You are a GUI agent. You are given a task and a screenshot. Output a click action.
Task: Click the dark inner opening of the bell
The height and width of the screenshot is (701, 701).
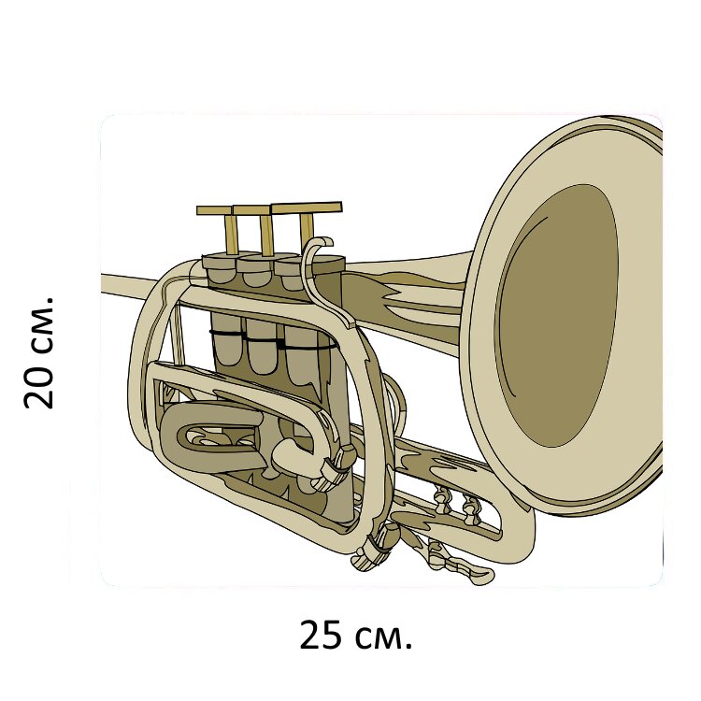pyautogui.click(x=557, y=316)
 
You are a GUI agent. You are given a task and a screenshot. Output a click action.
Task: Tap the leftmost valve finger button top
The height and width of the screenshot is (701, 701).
pyautogui.click(x=215, y=210)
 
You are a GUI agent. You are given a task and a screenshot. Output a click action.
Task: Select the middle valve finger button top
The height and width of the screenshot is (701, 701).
pyautogui.click(x=252, y=209)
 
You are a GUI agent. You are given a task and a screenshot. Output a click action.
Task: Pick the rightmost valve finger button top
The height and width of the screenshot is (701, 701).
pyautogui.click(x=307, y=207)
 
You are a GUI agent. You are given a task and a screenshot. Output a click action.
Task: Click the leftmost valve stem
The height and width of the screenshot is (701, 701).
pyautogui.click(x=231, y=235)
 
